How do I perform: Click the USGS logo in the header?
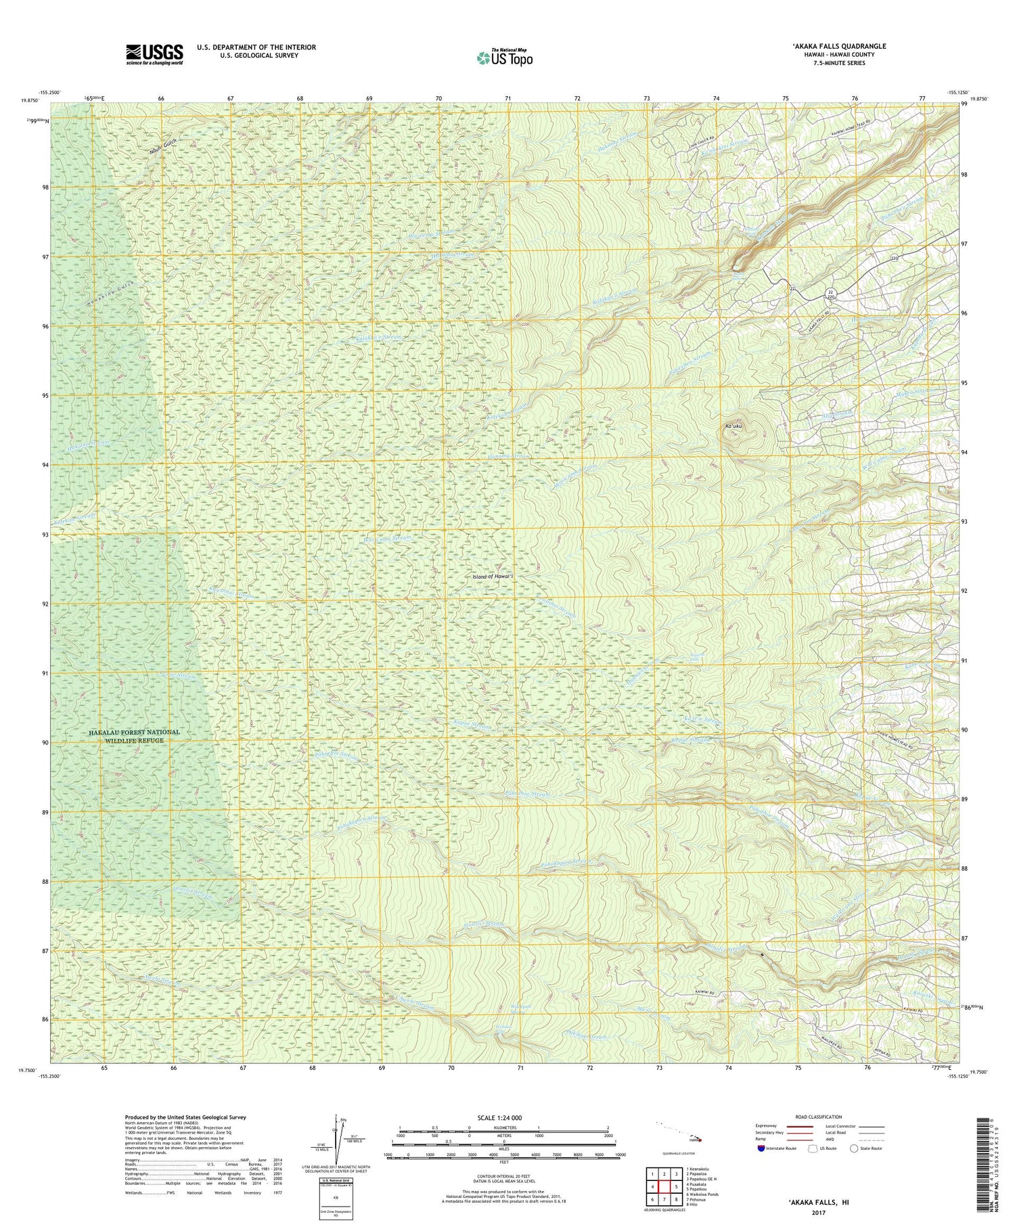tap(154, 54)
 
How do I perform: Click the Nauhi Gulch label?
tap(162, 144)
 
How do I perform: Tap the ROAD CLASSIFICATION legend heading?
tap(819, 1117)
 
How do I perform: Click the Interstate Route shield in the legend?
tap(760, 1148)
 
